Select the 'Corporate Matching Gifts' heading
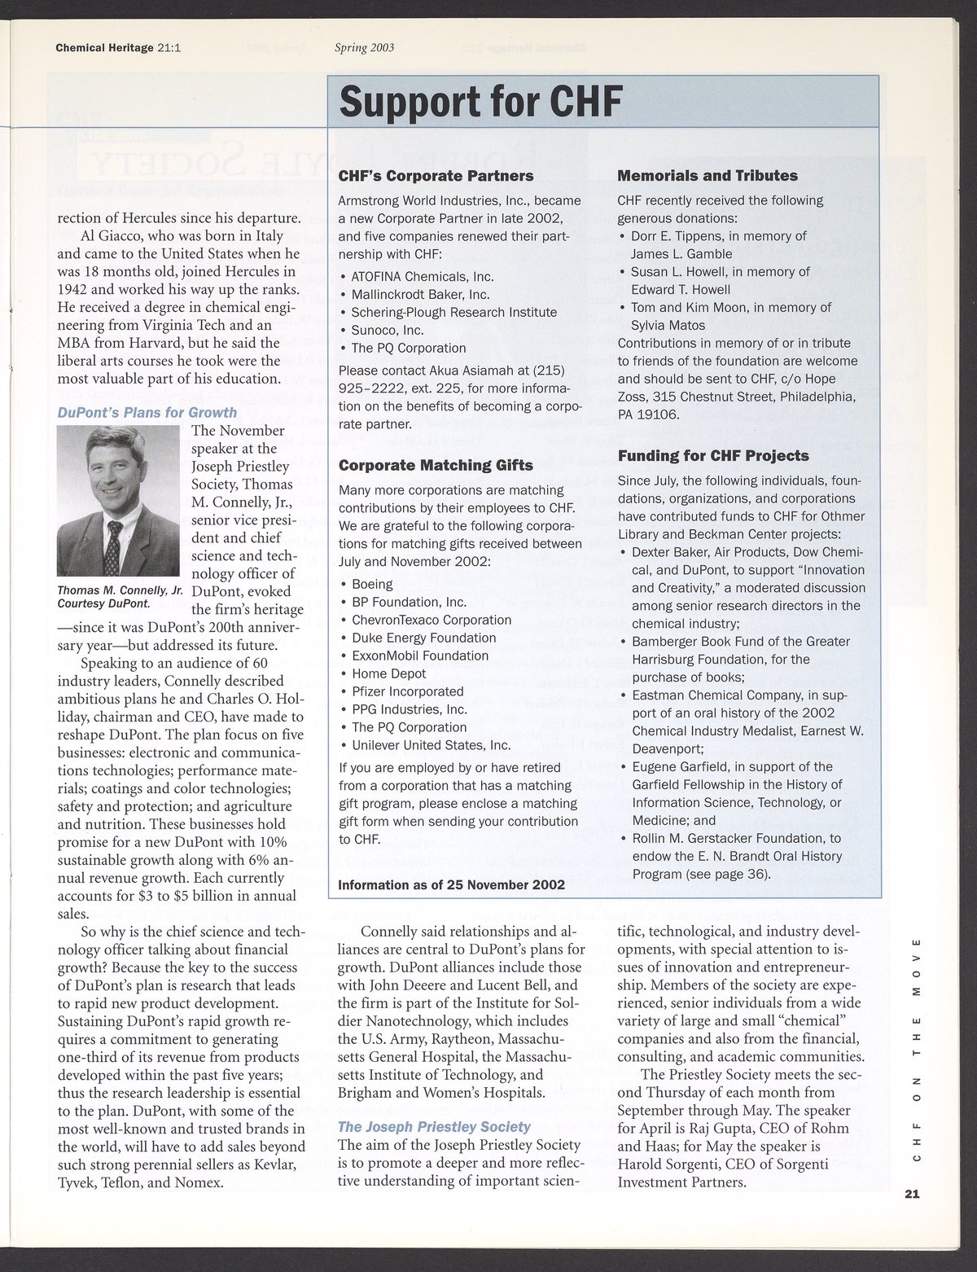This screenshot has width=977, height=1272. pos(436,466)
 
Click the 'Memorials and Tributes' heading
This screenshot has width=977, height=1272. pos(708,176)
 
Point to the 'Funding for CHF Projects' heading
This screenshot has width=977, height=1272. pos(713,456)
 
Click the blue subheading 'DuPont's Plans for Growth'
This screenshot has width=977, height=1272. pos(147,413)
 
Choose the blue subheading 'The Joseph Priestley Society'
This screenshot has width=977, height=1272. pos(434,1128)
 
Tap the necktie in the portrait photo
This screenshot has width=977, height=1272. pos(116,541)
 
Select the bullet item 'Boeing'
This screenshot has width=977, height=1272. pos(372,584)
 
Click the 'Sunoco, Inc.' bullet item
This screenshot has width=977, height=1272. pos(388,330)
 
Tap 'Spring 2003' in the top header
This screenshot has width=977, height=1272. pos(364,47)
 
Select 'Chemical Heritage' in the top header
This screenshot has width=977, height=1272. pos(104,47)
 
